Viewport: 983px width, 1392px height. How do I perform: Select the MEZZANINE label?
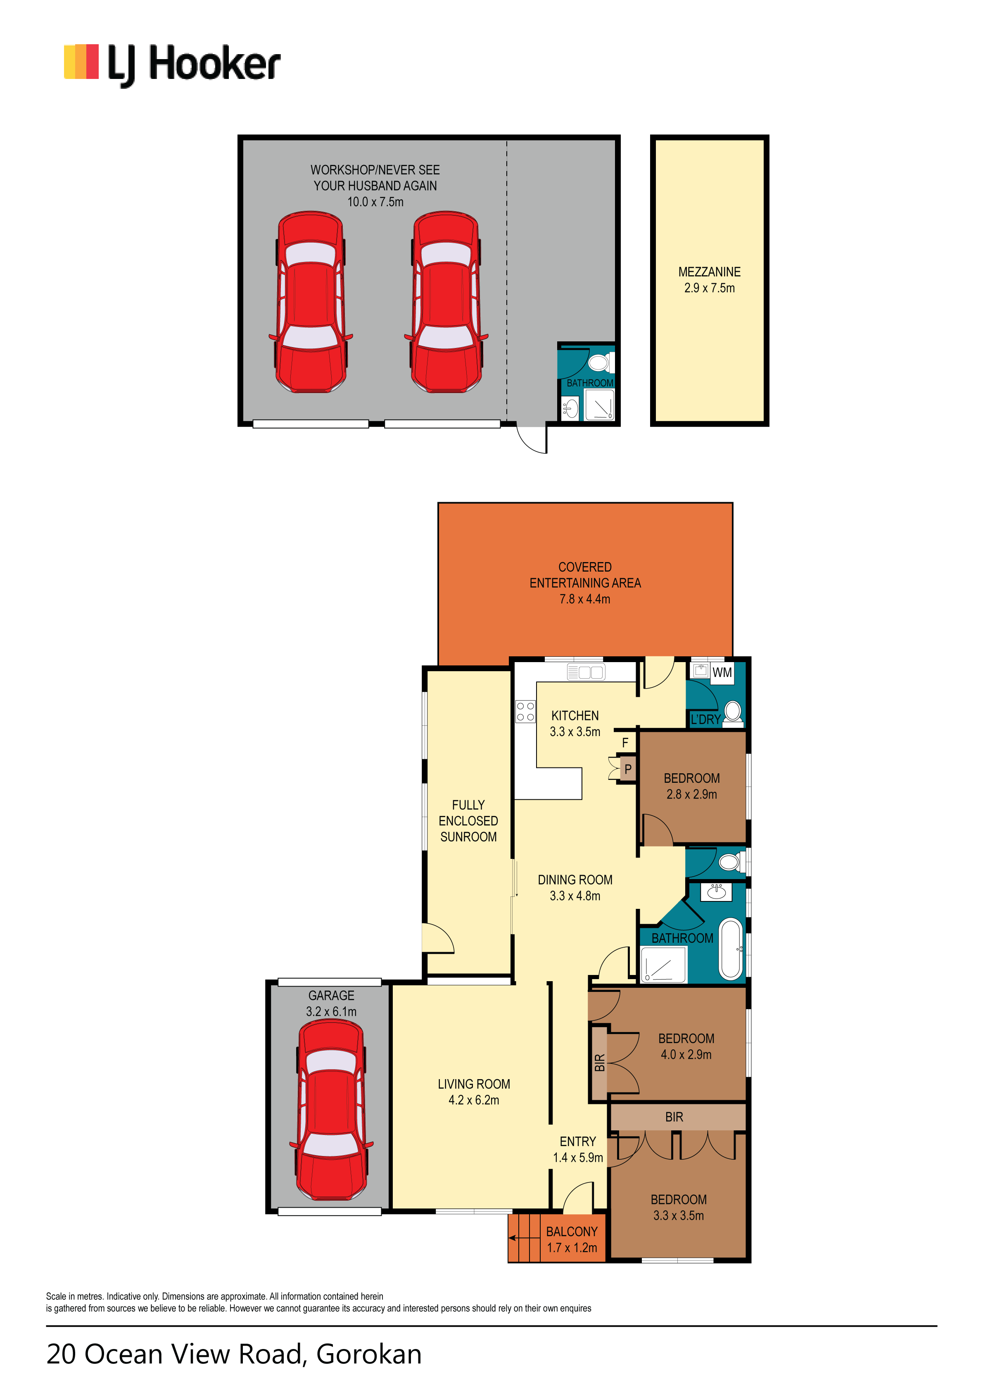(x=709, y=272)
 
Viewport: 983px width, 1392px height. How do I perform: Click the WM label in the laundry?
(x=722, y=672)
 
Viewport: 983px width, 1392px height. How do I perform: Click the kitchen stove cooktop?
(x=525, y=712)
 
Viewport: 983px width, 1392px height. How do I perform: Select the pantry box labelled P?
(x=628, y=769)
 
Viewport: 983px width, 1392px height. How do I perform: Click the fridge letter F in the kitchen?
(x=625, y=743)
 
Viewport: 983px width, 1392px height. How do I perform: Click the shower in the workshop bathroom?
(x=599, y=404)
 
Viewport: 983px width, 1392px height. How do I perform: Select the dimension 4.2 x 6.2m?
(x=474, y=1100)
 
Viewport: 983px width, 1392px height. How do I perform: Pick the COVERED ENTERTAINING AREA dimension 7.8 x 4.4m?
(x=585, y=599)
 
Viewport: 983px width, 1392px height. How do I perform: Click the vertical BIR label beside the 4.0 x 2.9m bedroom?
(x=599, y=1062)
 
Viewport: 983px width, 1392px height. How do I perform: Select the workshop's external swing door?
(x=532, y=439)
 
